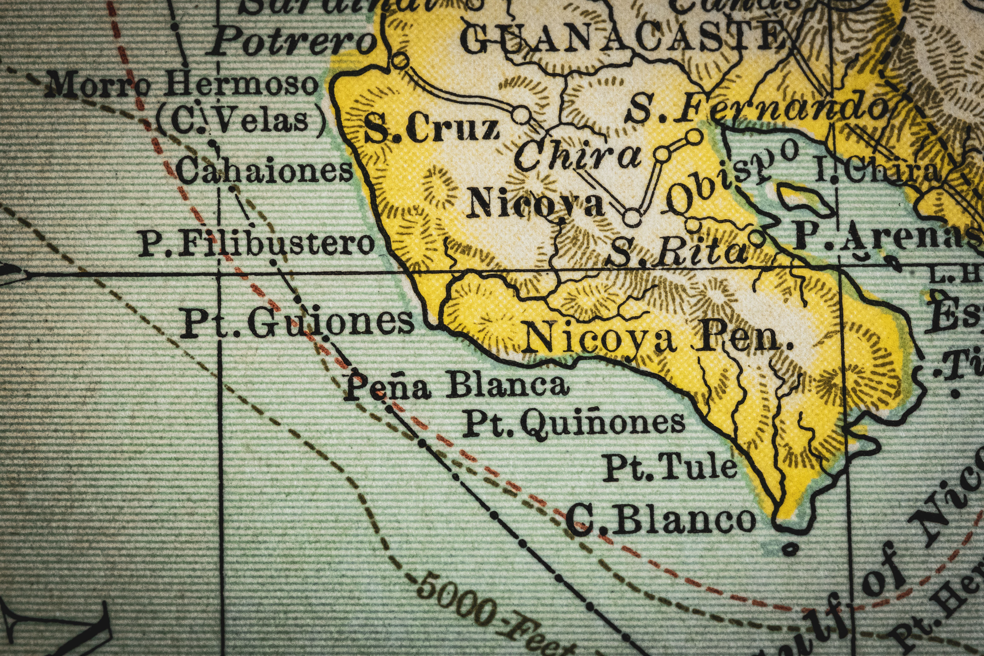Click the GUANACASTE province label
click(619, 38)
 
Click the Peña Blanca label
click(456, 387)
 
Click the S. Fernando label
click(757, 107)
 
